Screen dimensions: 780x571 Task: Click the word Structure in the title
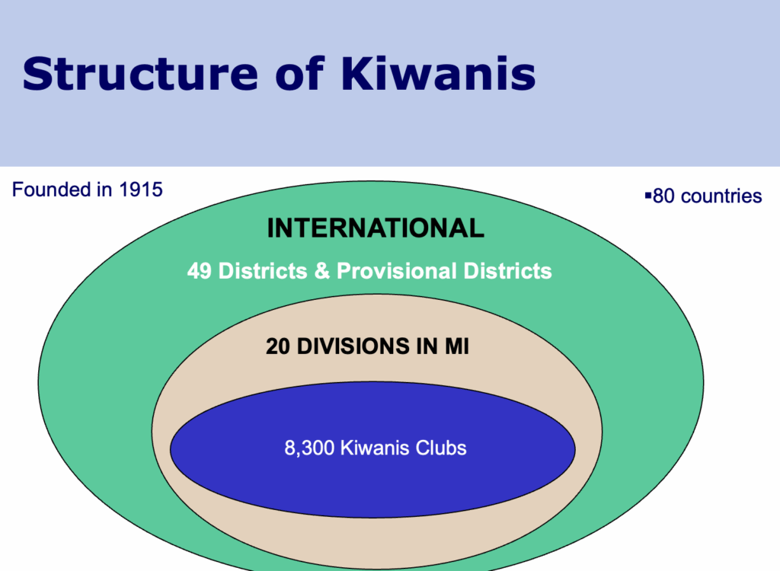coord(140,74)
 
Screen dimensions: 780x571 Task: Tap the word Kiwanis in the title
coord(438,73)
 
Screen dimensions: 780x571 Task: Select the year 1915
coord(141,190)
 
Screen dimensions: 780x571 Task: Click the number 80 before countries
coord(663,196)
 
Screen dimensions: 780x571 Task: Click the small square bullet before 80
coord(647,196)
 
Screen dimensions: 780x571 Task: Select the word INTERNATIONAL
coord(376,228)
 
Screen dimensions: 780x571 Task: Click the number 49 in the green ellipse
coord(199,271)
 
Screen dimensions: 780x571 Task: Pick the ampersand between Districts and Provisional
coord(322,271)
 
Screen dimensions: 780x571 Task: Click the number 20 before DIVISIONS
coord(277,346)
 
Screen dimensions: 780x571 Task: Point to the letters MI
coord(457,346)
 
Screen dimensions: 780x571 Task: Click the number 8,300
coord(309,448)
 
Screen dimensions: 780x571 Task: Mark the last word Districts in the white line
coord(507,271)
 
